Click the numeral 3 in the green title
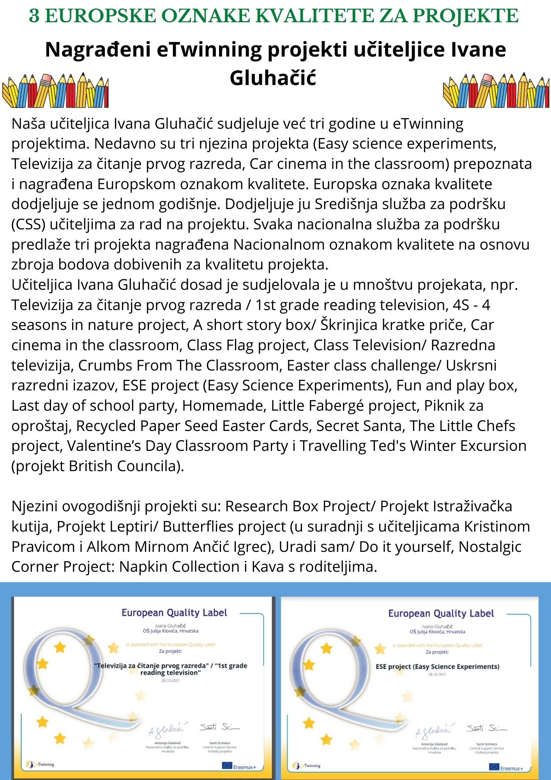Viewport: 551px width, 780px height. click(x=34, y=16)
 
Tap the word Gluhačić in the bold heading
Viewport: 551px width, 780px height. click(x=272, y=78)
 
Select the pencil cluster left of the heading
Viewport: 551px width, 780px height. click(x=55, y=90)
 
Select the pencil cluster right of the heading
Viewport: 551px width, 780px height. click(x=496, y=90)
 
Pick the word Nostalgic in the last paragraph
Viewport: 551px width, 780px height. click(x=490, y=547)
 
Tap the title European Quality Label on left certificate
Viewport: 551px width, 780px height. click(x=174, y=613)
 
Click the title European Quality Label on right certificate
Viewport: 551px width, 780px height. click(x=441, y=613)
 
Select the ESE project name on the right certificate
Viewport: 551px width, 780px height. click(x=437, y=667)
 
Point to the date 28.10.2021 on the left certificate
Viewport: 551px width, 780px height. click(x=170, y=680)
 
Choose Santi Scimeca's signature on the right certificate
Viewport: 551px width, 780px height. click(x=486, y=729)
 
